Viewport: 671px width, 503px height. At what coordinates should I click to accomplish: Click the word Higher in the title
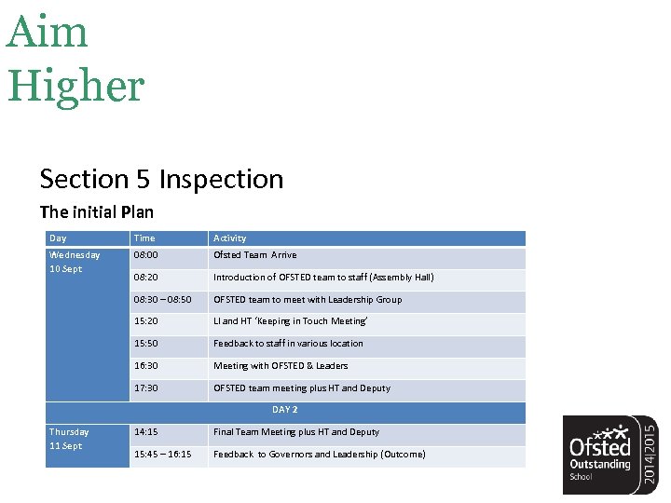[76, 85]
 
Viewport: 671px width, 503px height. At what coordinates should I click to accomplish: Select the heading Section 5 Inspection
[161, 179]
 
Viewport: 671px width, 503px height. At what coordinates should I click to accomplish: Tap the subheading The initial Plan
[96, 211]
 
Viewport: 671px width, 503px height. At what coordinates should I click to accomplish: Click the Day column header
[58, 238]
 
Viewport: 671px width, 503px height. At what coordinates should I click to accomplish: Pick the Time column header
[144, 238]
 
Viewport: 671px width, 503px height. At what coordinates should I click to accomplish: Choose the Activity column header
[230, 238]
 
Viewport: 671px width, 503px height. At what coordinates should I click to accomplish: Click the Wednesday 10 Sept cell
[75, 262]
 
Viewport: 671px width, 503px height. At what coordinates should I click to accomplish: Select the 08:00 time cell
[146, 254]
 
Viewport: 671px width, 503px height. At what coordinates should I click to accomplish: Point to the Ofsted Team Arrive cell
[255, 254]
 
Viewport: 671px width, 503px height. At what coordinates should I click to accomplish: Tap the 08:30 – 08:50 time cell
[163, 299]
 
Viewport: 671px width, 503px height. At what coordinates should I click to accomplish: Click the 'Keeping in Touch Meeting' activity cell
[291, 321]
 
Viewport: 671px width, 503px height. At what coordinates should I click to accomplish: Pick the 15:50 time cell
[146, 344]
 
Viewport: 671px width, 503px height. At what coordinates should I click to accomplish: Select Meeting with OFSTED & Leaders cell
[281, 366]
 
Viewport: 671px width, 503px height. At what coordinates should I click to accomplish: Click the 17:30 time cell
[146, 388]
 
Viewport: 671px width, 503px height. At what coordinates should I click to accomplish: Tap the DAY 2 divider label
[285, 410]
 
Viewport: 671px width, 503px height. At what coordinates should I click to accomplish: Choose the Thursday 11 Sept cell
[69, 439]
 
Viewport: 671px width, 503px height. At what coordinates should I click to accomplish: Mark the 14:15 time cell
[146, 432]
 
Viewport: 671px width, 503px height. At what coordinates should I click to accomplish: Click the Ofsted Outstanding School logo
[610, 454]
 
